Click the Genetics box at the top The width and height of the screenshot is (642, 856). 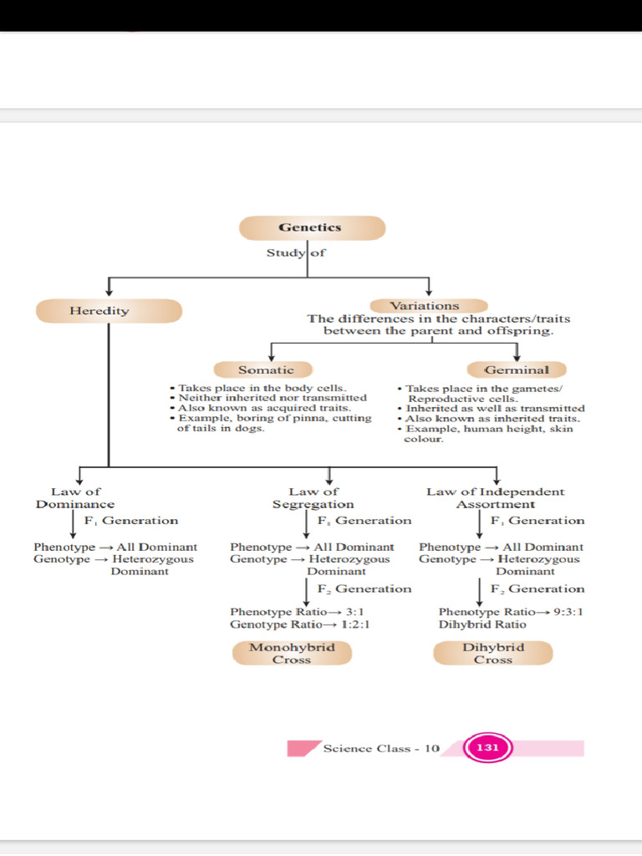(311, 227)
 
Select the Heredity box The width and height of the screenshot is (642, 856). (109, 311)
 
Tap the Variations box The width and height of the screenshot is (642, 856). (425, 306)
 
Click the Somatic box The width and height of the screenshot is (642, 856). (265, 369)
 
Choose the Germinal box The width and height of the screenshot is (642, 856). (516, 369)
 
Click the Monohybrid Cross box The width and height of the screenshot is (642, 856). (292, 653)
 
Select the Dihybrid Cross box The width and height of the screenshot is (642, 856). (493, 653)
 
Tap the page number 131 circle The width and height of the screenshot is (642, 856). (487, 748)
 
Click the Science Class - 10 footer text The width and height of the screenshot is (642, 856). (380, 748)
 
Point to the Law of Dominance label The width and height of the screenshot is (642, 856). (75, 498)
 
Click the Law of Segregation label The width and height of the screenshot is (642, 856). (313, 498)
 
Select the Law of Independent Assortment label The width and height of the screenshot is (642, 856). (496, 498)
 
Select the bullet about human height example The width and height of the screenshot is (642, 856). (490, 433)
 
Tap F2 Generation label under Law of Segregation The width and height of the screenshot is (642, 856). (364, 588)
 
